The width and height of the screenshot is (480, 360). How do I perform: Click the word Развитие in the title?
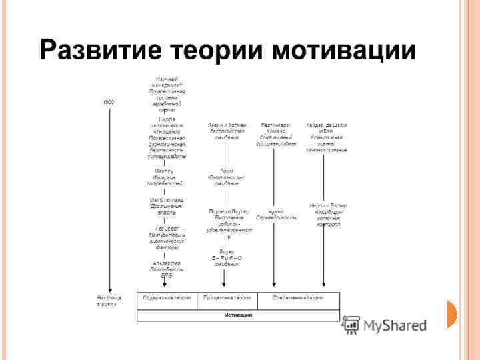point(101,49)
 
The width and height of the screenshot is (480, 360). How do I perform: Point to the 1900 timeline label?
point(108,102)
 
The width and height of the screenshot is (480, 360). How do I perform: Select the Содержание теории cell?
point(167,297)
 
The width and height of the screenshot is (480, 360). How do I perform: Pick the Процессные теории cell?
point(228,297)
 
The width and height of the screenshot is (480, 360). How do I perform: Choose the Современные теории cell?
point(298,297)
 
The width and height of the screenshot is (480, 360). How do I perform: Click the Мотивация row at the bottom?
point(238,314)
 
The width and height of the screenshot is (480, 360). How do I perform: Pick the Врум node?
point(227,177)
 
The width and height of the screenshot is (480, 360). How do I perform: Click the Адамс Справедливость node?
point(275,214)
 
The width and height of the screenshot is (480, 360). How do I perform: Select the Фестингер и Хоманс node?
point(275,133)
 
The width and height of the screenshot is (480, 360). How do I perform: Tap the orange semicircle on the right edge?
point(452,313)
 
